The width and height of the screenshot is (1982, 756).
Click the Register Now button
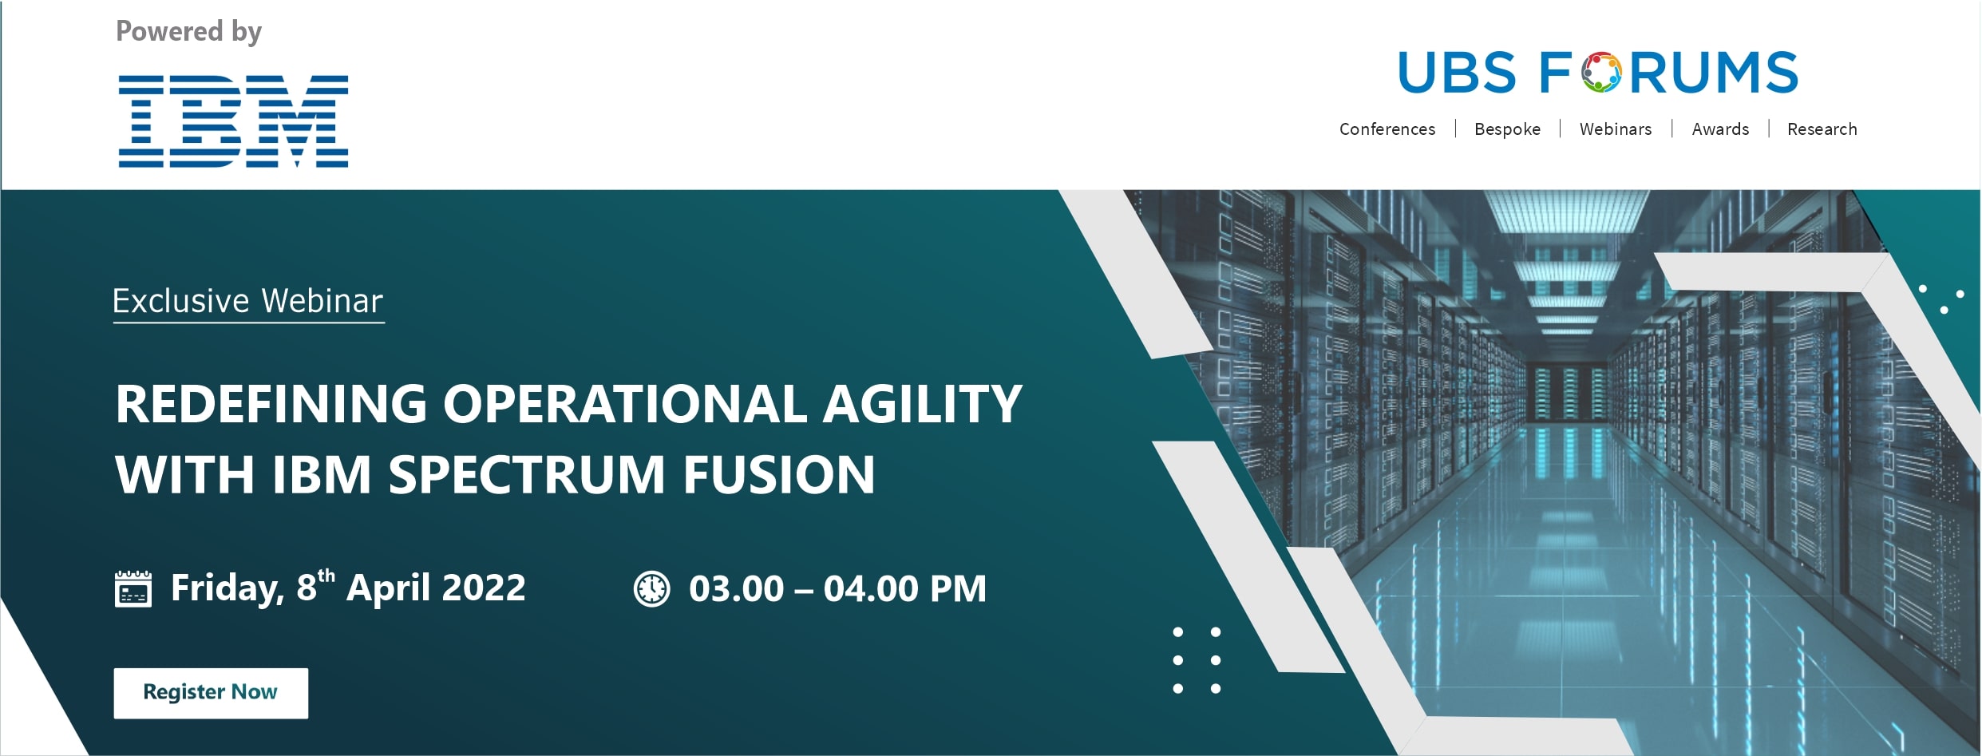coord(211,693)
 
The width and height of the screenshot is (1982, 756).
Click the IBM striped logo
coord(233,121)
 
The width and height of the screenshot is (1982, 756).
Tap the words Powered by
coord(188,32)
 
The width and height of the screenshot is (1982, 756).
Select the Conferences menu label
coord(1387,129)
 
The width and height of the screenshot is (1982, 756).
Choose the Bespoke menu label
coord(1507,129)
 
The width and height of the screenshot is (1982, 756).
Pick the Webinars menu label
coord(1616,129)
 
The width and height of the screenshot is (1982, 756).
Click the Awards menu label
coord(1720,129)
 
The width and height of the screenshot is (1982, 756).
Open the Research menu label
coord(1822,129)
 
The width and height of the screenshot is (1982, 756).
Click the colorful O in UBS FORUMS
coord(1602,73)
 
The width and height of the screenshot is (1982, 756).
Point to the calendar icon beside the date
coord(133,589)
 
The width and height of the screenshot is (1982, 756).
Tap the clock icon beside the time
coord(652,589)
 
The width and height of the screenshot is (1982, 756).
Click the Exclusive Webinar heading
coord(248,302)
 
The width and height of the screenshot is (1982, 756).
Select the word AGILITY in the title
coord(923,403)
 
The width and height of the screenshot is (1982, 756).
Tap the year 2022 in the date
coord(484,588)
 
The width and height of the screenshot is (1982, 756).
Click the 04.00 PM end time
coord(905,589)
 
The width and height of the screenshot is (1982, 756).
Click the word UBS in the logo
coord(1458,73)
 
